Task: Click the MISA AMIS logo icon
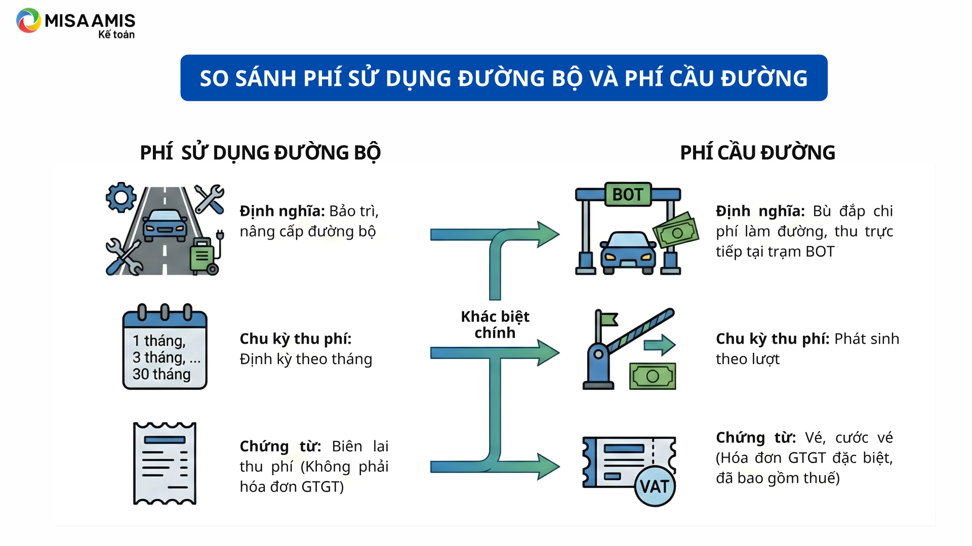[28, 21]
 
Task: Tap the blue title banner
[504, 78]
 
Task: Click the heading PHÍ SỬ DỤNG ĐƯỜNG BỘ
[260, 153]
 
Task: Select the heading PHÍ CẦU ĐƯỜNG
[757, 153]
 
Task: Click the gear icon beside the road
[121, 197]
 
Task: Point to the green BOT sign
[628, 195]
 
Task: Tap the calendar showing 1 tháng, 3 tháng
[165, 348]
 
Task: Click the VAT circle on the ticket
[655, 486]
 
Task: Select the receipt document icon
[165, 463]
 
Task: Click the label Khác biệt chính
[495, 325]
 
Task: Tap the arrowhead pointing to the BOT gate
[548, 234]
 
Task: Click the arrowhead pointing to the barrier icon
[548, 352]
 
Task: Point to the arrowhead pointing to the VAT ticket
[548, 466]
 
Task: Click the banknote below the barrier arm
[653, 376]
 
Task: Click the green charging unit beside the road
[204, 255]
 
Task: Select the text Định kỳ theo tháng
[306, 359]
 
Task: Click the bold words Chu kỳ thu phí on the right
[772, 339]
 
